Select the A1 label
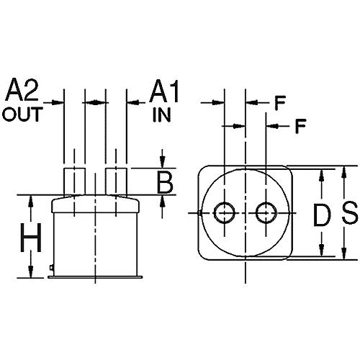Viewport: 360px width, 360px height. coord(163,92)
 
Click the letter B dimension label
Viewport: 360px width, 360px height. coord(166,183)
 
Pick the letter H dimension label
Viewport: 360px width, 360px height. coord(29,235)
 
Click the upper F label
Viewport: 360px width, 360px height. coord(280,102)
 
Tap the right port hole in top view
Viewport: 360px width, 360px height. coord(266,212)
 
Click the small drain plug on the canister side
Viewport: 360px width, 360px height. coord(53,269)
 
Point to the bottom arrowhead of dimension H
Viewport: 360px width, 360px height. coord(32,272)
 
